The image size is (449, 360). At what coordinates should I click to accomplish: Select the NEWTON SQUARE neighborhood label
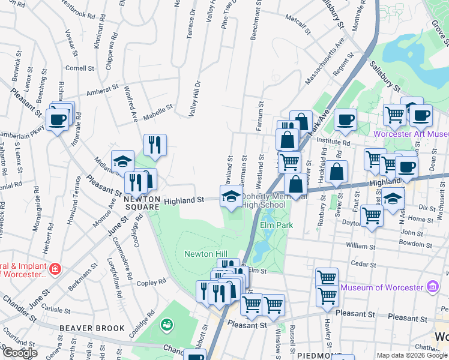[142, 203]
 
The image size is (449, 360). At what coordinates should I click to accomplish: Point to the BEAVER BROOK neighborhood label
[92, 328]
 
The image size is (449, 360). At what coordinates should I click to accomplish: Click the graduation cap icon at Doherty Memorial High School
[232, 196]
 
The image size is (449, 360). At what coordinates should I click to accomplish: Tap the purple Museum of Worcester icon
[432, 287]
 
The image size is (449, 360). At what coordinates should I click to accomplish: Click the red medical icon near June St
[55, 268]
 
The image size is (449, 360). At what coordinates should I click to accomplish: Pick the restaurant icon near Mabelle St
[155, 145]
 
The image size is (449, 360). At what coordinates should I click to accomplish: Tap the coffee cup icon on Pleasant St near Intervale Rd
[58, 120]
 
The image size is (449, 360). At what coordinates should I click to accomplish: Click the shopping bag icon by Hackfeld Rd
[338, 171]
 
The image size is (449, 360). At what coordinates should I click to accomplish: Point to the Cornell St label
[80, 68]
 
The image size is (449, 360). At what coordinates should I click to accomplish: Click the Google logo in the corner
[20, 353]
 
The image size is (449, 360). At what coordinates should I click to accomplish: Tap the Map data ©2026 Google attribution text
[412, 355]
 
